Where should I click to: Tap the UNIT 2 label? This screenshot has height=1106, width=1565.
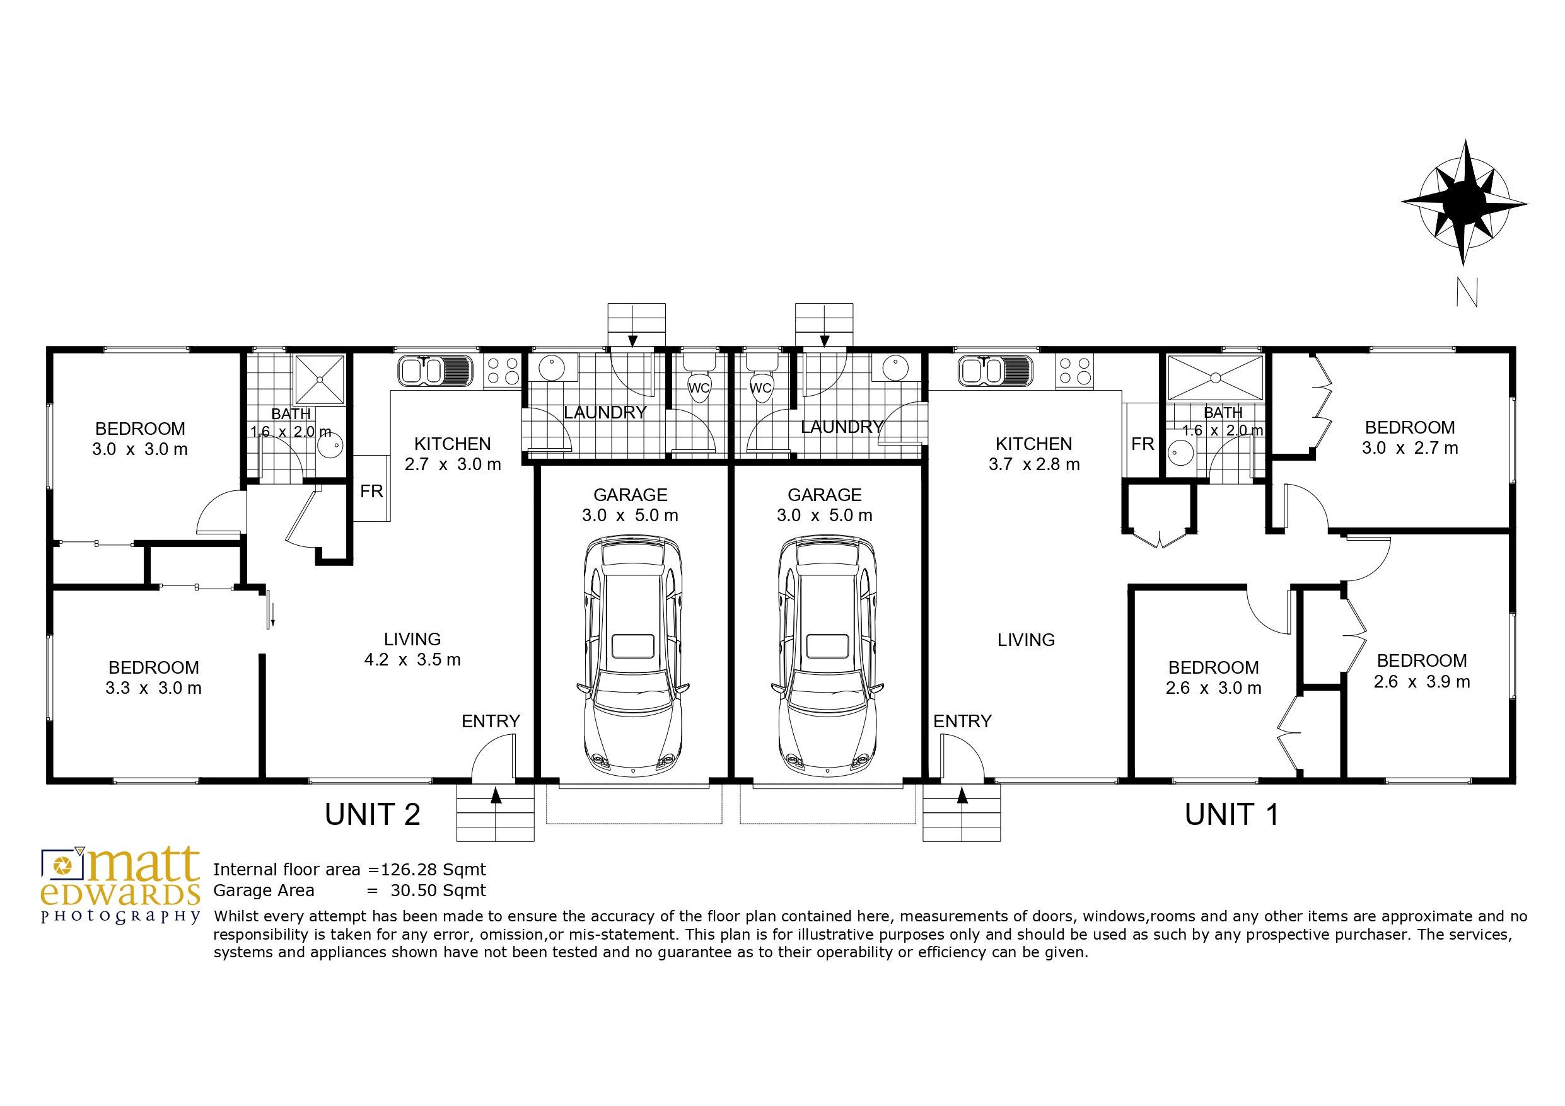click(372, 814)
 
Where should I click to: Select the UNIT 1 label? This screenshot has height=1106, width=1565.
click(1231, 814)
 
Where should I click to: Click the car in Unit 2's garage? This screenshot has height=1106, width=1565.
click(632, 655)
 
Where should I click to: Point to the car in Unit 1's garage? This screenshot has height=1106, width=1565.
click(827, 655)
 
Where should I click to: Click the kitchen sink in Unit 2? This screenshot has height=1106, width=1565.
click(435, 371)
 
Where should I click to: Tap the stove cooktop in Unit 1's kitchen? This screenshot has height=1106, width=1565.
click(1074, 371)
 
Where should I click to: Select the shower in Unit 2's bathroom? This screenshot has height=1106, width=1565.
click(319, 379)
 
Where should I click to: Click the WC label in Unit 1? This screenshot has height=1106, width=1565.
click(760, 388)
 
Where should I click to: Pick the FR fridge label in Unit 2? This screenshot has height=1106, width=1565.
click(371, 492)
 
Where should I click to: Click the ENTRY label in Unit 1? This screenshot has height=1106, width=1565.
click(962, 721)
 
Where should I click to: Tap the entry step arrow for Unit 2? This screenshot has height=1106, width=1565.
click(496, 795)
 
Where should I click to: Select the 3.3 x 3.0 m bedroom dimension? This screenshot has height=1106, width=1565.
click(153, 688)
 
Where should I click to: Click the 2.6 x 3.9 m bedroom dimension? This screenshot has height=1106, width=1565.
click(1422, 681)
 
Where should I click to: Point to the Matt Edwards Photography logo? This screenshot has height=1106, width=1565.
click(120, 885)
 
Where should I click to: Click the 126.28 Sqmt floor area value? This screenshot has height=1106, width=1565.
click(433, 870)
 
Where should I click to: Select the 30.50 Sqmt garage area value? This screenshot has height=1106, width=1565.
click(438, 890)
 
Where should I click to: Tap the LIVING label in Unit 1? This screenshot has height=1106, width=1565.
click(1026, 640)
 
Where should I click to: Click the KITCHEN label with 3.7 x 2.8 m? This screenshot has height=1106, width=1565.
click(1034, 444)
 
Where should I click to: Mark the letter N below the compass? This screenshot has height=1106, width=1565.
click(1467, 292)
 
